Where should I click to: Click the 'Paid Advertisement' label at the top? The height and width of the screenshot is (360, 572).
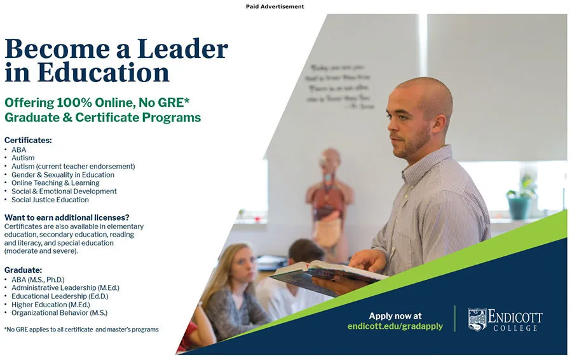(x=275, y=6)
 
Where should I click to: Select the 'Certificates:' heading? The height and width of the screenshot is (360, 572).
(x=28, y=140)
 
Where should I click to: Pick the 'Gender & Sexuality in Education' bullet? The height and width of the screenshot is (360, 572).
(x=63, y=175)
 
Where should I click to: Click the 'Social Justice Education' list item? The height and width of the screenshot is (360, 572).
(x=50, y=200)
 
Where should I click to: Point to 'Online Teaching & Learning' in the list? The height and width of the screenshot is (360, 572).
(x=55, y=183)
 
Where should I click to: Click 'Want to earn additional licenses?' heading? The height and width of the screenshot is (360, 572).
(x=67, y=218)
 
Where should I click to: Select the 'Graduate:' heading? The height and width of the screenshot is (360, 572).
(x=24, y=270)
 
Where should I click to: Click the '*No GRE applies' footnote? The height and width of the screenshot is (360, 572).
(x=81, y=329)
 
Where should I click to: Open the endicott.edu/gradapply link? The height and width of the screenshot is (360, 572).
(x=395, y=326)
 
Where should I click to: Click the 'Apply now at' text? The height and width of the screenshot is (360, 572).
(x=395, y=316)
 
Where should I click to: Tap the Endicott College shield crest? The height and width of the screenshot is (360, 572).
(x=477, y=319)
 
